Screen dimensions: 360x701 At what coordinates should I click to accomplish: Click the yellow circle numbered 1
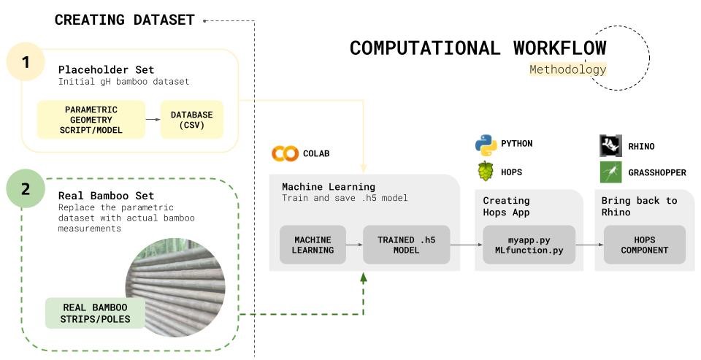[26, 63]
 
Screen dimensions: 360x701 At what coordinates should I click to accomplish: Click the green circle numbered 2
[26, 189]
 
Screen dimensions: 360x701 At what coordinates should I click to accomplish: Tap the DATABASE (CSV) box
[192, 120]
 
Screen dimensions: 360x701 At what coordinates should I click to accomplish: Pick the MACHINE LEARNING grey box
[313, 245]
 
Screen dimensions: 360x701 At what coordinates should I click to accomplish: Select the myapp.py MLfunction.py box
[529, 245]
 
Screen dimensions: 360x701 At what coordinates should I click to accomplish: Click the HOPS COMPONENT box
[644, 245]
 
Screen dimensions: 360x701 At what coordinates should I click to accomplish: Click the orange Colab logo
[285, 153]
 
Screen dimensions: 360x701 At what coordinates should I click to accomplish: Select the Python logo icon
[486, 144]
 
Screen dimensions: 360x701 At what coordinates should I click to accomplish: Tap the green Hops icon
[486, 172]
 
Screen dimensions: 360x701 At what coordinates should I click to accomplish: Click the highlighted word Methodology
[567, 69]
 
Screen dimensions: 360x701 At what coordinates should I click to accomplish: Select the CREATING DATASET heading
[124, 20]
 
